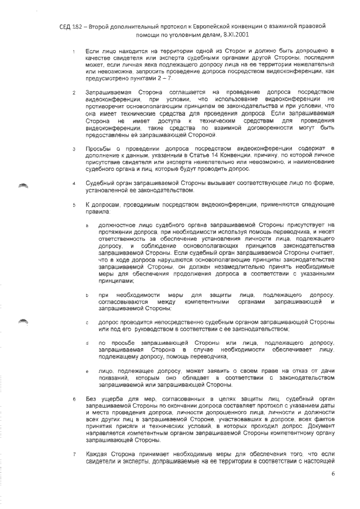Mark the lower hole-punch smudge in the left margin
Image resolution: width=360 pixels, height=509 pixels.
[x=23, y=321]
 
